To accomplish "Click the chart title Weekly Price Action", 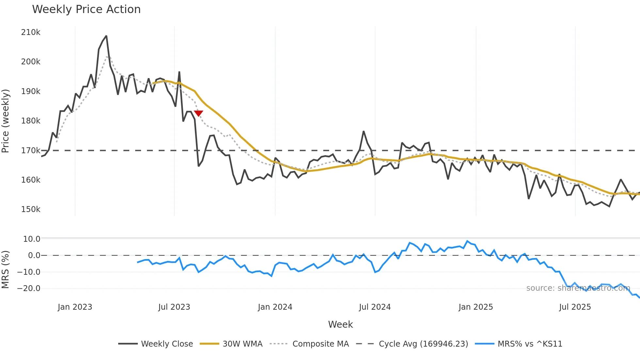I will click(86, 9).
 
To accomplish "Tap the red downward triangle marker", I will click(199, 113).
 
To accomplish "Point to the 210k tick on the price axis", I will click(31, 32).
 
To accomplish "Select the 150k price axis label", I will click(31, 209).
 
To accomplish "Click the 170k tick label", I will click(31, 151).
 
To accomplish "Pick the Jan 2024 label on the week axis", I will click(275, 307).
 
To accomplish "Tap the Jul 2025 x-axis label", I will click(575, 307).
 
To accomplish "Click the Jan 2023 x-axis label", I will click(75, 307).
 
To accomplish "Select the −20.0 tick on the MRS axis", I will click(29, 288).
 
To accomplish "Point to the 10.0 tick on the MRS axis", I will click(32, 239).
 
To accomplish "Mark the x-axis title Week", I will click(340, 324).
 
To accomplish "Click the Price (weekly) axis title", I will click(5, 121).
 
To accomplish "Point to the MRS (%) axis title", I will click(5, 270).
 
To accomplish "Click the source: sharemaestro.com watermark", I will click(578, 288).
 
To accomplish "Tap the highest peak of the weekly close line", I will click(106, 36).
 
